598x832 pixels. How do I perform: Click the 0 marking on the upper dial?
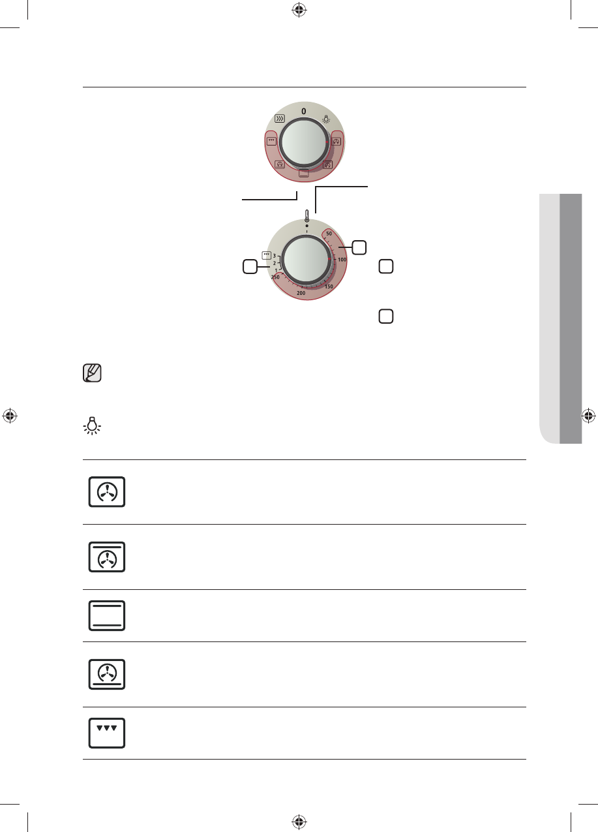tap(304, 111)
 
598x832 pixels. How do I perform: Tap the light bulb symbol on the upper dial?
tap(326, 119)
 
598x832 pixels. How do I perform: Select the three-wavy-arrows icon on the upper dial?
tap(280, 119)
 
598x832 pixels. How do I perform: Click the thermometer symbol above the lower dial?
tap(306, 216)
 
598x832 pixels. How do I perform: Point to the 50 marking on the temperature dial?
tap(329, 234)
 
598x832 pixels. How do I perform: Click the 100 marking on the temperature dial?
tap(342, 260)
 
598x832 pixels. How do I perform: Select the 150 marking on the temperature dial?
tap(329, 286)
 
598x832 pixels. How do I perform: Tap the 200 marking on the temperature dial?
tap(301, 293)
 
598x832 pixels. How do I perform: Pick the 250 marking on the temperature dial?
tap(275, 277)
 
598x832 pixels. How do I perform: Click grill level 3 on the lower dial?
tap(275, 256)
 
